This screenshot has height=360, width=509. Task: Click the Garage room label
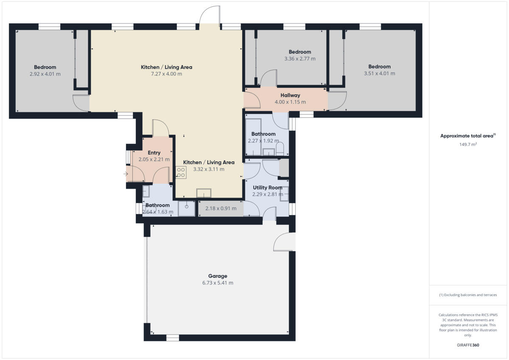coord(217,276)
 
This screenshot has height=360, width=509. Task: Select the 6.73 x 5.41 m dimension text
coord(217,283)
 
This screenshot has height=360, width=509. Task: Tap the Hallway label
coord(290,95)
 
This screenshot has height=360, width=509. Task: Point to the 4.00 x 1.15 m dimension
coord(290,102)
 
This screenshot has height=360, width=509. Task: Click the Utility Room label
coord(267,187)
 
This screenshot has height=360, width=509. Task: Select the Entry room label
coord(154,153)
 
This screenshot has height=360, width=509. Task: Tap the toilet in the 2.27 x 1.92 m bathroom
coord(280,149)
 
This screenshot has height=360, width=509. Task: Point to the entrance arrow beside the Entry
coord(126,174)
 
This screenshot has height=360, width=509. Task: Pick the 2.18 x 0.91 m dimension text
coord(221,209)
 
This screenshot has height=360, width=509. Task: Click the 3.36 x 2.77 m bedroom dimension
coord(300,59)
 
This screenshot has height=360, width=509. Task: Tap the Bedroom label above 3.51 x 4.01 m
coord(379,67)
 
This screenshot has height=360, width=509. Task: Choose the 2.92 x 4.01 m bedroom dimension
coord(45,74)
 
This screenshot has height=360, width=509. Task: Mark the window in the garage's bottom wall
coord(172,338)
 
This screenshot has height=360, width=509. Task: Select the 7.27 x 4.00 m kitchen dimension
coord(166,74)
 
